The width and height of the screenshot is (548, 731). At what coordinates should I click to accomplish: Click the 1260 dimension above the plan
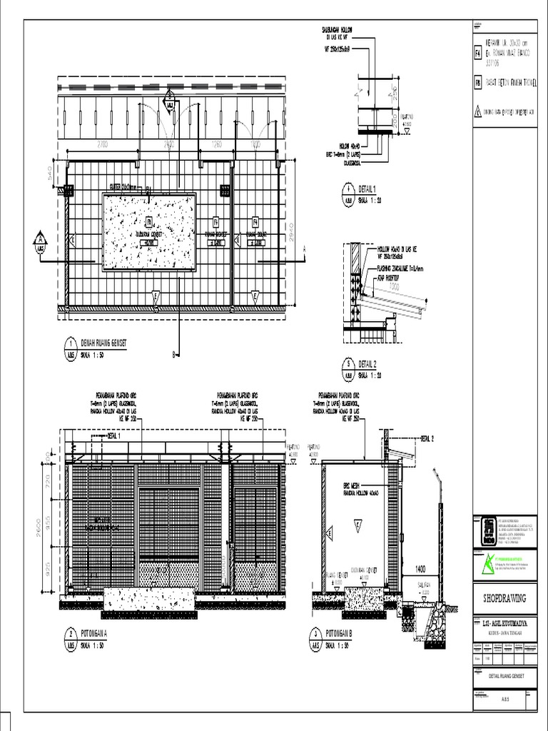point(218,145)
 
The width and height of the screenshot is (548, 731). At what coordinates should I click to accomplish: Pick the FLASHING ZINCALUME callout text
point(400,269)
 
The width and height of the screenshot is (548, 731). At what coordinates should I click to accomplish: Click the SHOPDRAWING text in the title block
point(504,598)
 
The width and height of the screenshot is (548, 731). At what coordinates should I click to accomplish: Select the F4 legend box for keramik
point(478,53)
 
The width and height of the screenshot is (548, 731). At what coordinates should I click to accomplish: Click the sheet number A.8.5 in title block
point(504,700)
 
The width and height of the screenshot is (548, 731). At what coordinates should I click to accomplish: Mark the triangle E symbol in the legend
point(478,111)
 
